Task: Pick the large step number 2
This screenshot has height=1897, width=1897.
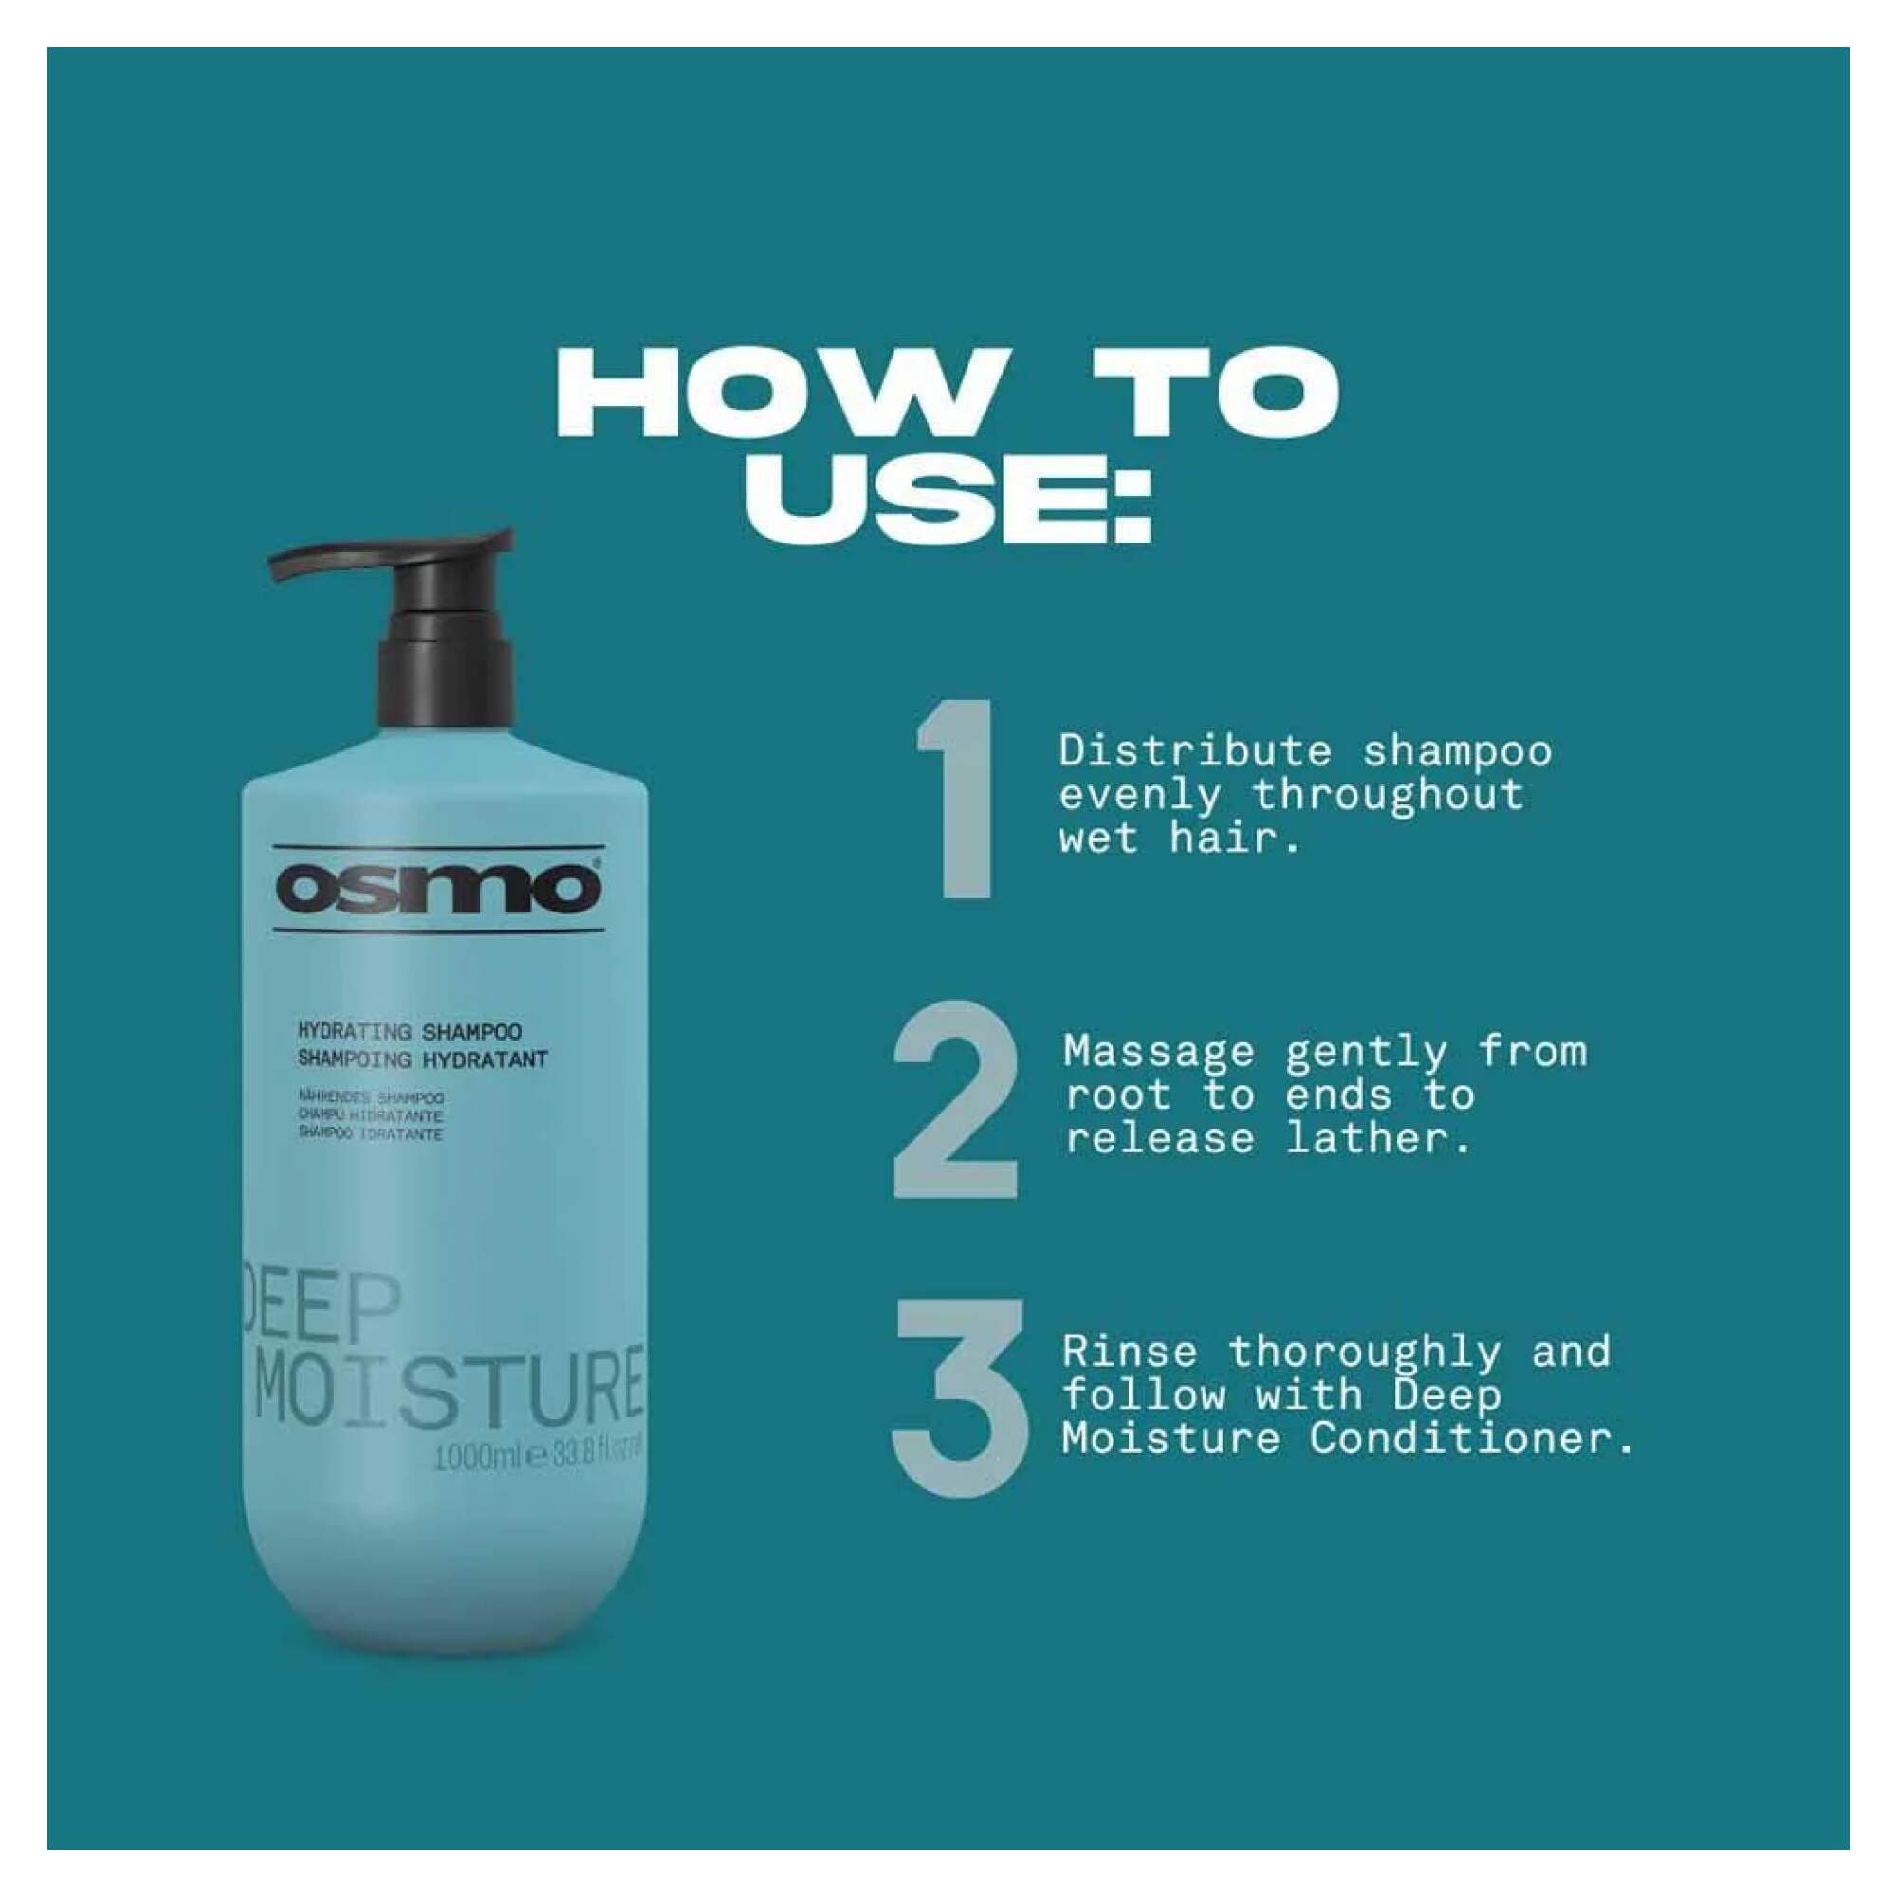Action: tap(954, 1099)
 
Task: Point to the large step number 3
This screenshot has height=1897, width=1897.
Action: tap(959, 1398)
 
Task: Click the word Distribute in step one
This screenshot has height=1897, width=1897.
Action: tap(1195, 751)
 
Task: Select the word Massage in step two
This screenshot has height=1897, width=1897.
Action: tap(1159, 1052)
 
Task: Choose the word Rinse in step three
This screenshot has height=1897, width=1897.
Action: tap(1129, 1352)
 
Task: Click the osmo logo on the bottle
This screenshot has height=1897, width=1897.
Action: tap(438, 889)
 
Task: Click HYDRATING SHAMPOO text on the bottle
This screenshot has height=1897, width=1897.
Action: tap(409, 1032)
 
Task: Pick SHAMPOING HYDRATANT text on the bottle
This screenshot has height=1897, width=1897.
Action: tap(421, 1060)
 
